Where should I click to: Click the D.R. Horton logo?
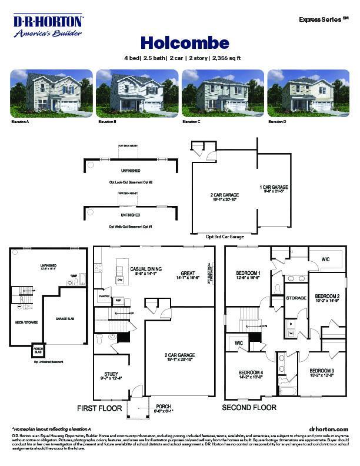tap(48, 26)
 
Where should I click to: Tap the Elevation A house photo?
tap(51, 93)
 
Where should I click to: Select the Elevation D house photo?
tap(308, 93)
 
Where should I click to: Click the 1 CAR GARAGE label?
tap(274, 187)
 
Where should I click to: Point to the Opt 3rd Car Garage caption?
tap(224, 236)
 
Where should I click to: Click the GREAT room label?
tap(188, 274)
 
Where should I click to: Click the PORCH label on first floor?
tap(163, 407)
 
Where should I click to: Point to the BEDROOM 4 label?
tap(251, 373)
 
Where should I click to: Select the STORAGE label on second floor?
tap(296, 298)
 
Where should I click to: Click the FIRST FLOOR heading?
tap(99, 408)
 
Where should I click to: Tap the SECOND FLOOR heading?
tap(249, 407)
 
